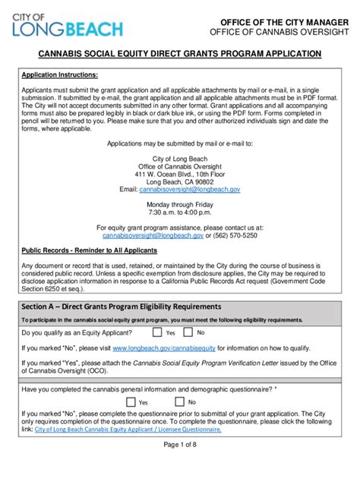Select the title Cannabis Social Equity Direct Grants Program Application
pyautogui.click(x=180, y=54)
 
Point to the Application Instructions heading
pyautogui.click(x=59, y=76)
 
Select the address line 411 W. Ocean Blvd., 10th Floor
pyautogui.click(x=180, y=174)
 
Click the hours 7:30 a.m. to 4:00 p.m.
pyautogui.click(x=180, y=212)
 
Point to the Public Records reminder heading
pyautogui.click(x=89, y=250)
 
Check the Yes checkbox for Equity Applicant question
pyautogui.click(x=156, y=332)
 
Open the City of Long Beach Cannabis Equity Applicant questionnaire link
pyautogui.click(x=126, y=429)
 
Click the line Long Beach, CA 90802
pyautogui.click(x=180, y=182)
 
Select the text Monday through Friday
pyautogui.click(x=180, y=205)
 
